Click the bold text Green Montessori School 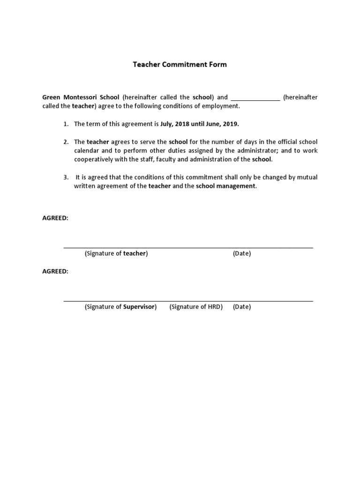[x=81, y=97]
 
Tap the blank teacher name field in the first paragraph [x=255, y=98]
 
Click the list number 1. [x=66, y=124]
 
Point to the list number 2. [x=66, y=142]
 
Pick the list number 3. [x=66, y=177]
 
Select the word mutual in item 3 [x=307, y=177]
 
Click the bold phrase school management [x=226, y=186]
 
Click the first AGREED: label [x=55, y=218]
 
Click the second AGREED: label [x=55, y=271]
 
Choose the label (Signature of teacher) [x=116, y=254]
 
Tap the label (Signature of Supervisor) [x=120, y=307]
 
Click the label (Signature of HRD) [x=196, y=307]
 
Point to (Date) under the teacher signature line [x=242, y=254]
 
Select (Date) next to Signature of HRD [x=242, y=307]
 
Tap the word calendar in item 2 [x=87, y=150]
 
